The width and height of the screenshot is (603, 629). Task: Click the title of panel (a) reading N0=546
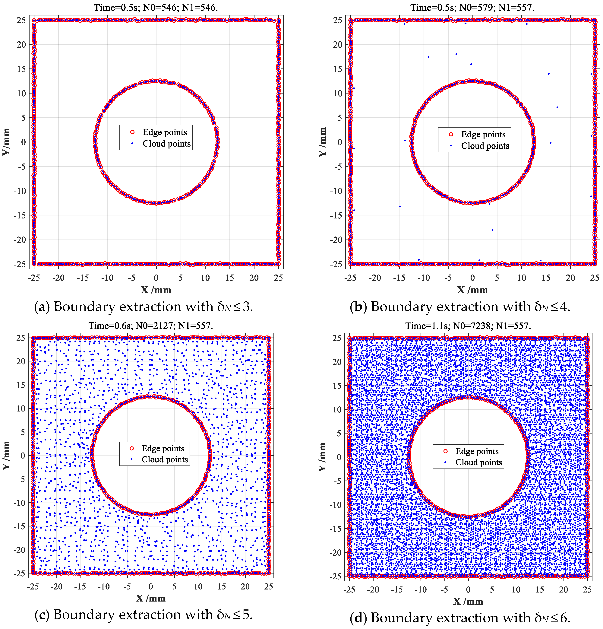click(156, 7)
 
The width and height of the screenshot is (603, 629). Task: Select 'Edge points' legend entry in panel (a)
click(165, 132)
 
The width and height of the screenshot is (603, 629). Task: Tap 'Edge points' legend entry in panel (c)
click(163, 448)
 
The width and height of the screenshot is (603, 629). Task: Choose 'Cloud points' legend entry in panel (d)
click(478, 462)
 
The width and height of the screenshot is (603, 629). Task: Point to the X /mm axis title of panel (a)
click(156, 290)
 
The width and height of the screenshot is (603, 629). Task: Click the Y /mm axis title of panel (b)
click(322, 142)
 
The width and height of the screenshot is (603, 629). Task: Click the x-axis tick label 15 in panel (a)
click(229, 278)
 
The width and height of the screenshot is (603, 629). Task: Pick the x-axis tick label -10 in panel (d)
click(421, 589)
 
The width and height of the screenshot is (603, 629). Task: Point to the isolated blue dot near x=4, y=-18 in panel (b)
click(492, 230)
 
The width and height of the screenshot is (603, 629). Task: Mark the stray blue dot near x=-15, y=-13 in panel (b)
click(400, 206)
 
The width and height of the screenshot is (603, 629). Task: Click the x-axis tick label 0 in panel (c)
click(151, 587)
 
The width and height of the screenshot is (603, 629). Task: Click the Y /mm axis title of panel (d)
click(322, 457)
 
